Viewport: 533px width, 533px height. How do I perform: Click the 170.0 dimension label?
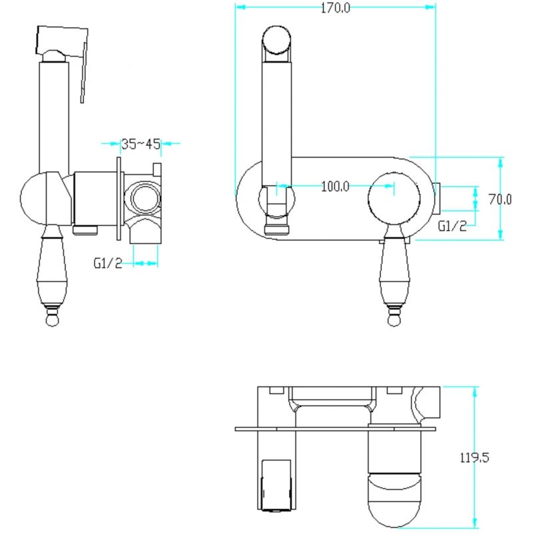pos(336,8)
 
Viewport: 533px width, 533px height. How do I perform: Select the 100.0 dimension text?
pos(335,187)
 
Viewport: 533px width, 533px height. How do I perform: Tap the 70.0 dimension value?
pos(500,199)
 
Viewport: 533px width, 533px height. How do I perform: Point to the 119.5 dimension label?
pos(474,458)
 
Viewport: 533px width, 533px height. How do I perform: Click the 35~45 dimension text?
pos(141,144)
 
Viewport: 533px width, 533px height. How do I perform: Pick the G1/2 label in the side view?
pos(108,263)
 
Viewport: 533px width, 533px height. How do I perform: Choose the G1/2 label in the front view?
pos(452,226)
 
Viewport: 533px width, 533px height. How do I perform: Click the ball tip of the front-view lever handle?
pos(394,320)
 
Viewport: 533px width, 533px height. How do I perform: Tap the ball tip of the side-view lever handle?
pos(52,320)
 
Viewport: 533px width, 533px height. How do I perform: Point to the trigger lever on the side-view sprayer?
pos(84,72)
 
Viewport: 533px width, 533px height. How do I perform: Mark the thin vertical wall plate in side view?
pos(119,199)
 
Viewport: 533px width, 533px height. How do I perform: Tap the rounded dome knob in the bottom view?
pos(394,499)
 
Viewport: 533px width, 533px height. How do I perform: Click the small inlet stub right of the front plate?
pos(437,198)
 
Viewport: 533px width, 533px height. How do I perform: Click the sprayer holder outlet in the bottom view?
pos(276,486)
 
